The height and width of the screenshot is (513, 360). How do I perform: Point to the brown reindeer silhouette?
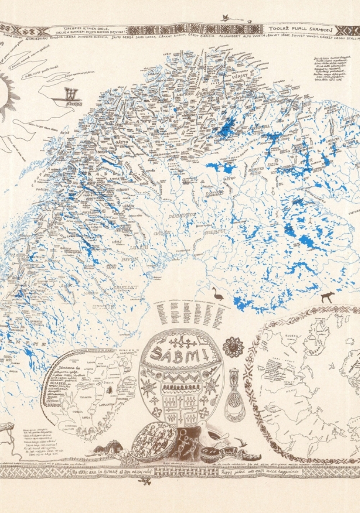tap(327, 296)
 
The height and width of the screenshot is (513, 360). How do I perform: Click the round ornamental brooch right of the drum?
tap(233, 347)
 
